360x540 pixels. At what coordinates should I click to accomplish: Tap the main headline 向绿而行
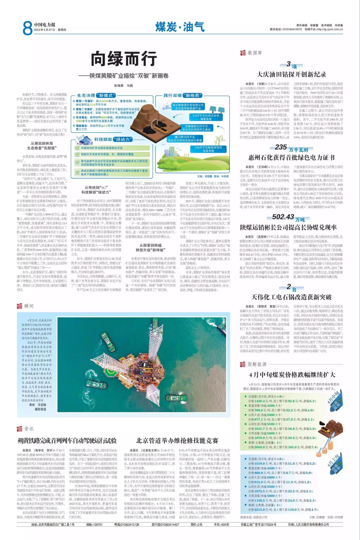pyautogui.click(x=123, y=59)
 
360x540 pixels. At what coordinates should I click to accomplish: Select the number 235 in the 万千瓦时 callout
pyautogui.click(x=281, y=147)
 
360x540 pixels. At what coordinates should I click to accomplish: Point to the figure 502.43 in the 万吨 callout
pyautogui.click(x=283, y=217)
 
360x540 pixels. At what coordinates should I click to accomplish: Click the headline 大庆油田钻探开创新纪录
pyautogui.click(x=291, y=75)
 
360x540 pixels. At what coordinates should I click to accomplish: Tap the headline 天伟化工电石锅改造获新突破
pyautogui.click(x=291, y=297)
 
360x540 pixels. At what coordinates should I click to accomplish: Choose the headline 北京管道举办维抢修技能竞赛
pyautogui.click(x=177, y=440)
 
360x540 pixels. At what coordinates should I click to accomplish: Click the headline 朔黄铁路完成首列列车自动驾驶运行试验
pyautogui.click(x=67, y=440)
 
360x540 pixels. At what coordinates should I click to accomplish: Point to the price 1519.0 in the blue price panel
pyautogui.click(x=257, y=464)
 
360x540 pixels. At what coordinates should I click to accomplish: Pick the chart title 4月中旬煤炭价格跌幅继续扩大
pyautogui.click(x=292, y=374)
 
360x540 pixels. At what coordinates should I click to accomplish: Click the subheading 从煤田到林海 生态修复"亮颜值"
pyautogui.click(x=41, y=146)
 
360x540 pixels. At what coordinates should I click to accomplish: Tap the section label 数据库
pyautogui.click(x=255, y=53)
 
